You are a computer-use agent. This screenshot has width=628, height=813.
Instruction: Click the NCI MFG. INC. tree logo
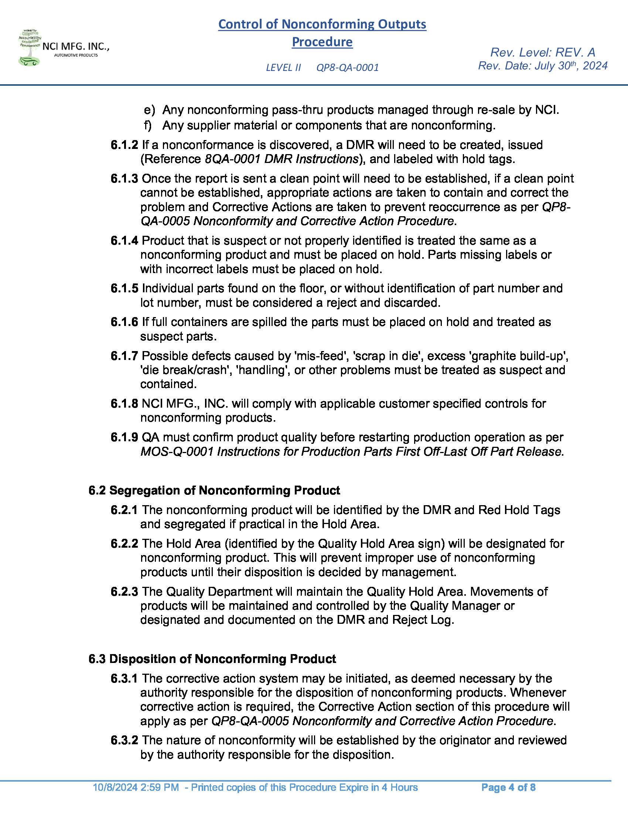30,48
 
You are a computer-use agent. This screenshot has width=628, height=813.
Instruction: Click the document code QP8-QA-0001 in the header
347,67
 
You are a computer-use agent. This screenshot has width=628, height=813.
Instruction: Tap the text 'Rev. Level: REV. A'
542,52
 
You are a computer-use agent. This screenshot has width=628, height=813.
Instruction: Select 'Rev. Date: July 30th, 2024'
542,66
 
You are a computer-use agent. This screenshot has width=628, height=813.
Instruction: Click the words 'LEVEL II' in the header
283,67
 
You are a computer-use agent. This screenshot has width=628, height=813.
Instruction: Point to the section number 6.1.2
124,145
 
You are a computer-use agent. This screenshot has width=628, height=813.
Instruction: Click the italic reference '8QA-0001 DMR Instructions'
281,159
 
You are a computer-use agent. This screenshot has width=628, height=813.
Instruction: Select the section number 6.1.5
124,288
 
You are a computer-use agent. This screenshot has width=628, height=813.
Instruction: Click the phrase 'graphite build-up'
519,356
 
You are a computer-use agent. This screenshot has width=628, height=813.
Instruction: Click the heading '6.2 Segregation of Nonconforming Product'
214,490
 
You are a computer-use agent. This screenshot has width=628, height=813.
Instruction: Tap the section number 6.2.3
124,592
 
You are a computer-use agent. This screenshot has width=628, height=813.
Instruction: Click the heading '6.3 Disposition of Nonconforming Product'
212,659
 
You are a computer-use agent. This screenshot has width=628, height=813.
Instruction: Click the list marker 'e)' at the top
149,110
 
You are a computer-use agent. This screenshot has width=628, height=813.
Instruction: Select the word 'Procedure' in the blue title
322,42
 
